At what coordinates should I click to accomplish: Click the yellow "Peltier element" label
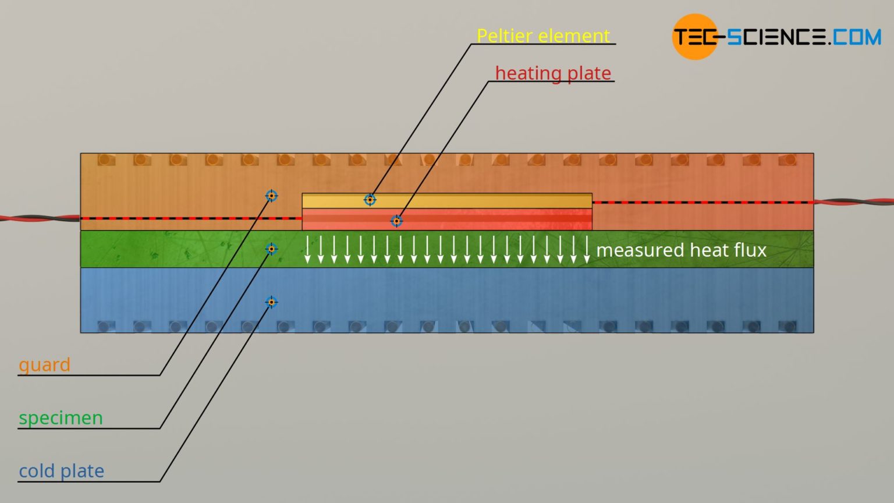point(543,36)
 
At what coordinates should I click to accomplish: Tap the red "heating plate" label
point(553,73)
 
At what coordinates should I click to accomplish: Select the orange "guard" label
point(44,365)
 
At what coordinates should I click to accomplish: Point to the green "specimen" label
point(61,418)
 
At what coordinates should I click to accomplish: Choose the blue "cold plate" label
point(61,471)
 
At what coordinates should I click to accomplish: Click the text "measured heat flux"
point(681,250)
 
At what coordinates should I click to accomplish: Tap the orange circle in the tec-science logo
point(694,37)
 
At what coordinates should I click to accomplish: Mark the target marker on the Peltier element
point(370,200)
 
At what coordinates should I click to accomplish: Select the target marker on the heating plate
point(396,221)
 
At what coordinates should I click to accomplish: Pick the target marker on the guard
point(271,196)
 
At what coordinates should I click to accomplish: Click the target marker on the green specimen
point(271,249)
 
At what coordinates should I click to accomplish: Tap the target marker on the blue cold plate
point(271,302)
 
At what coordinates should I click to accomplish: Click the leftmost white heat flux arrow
point(307,249)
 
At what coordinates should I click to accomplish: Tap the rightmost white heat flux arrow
point(587,249)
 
